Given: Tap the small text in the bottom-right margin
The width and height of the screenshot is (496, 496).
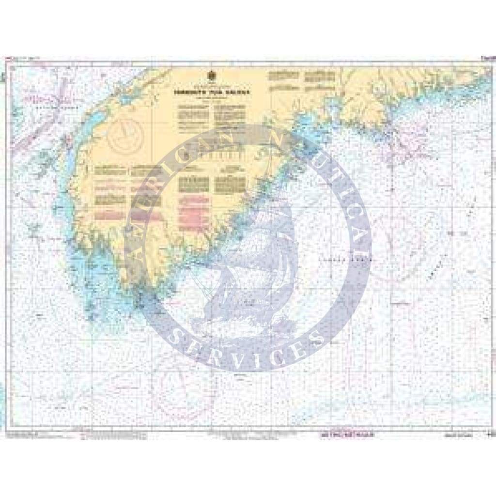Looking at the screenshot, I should (465, 437).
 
